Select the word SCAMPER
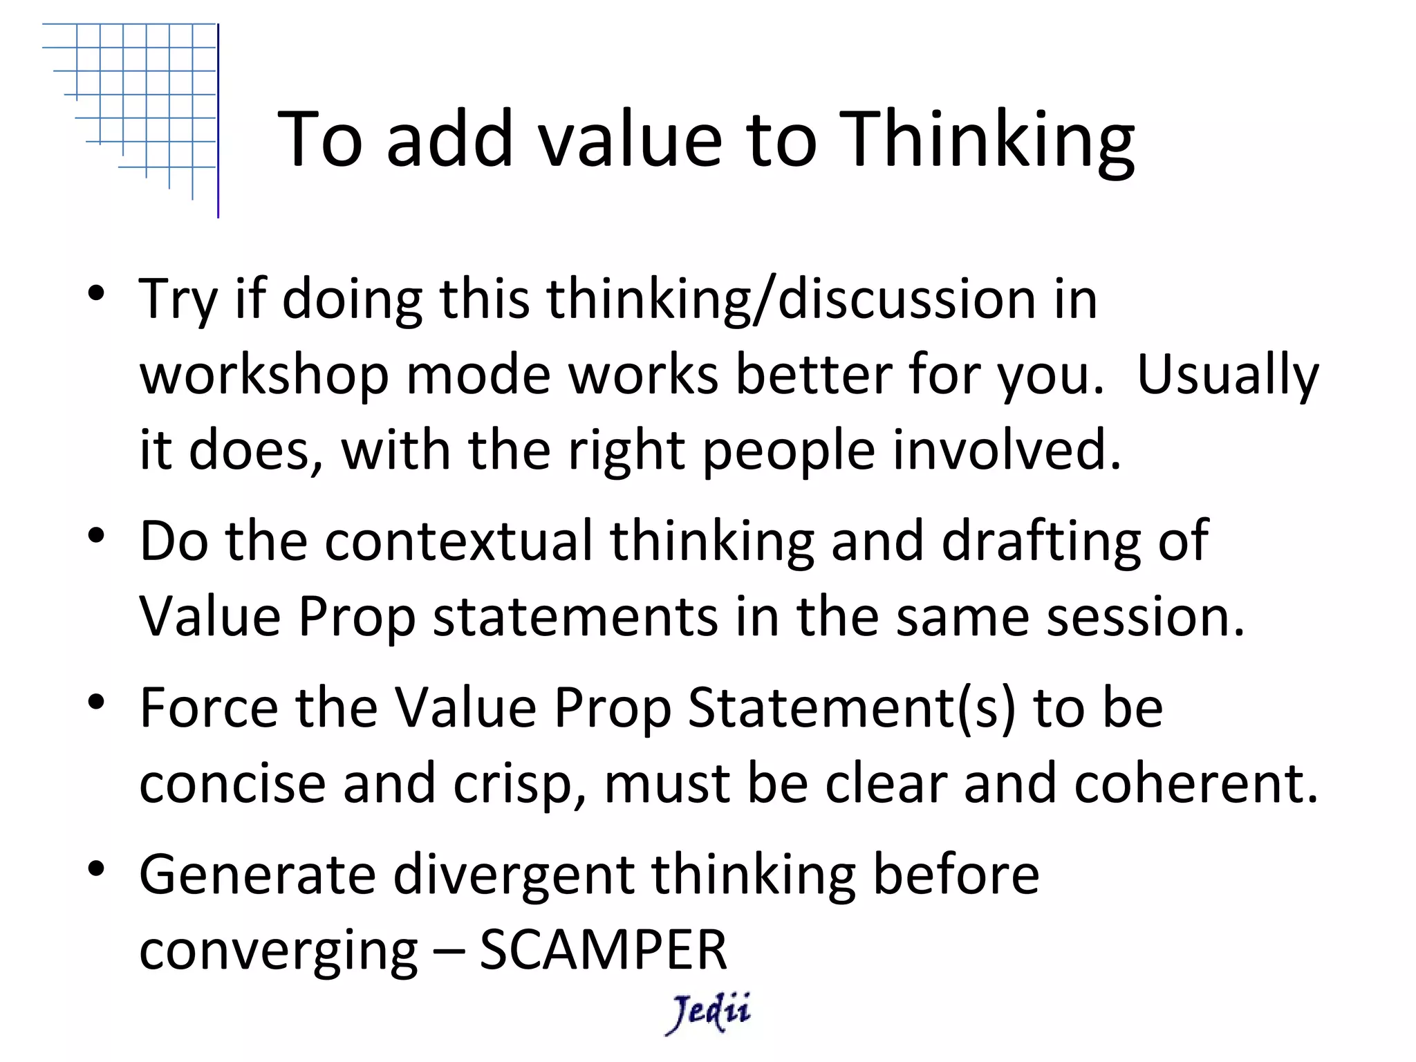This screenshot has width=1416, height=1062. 603,949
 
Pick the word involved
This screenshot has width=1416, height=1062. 1006,450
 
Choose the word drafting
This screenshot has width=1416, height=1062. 1041,541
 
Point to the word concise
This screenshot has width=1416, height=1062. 232,783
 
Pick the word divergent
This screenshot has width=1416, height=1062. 514,874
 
